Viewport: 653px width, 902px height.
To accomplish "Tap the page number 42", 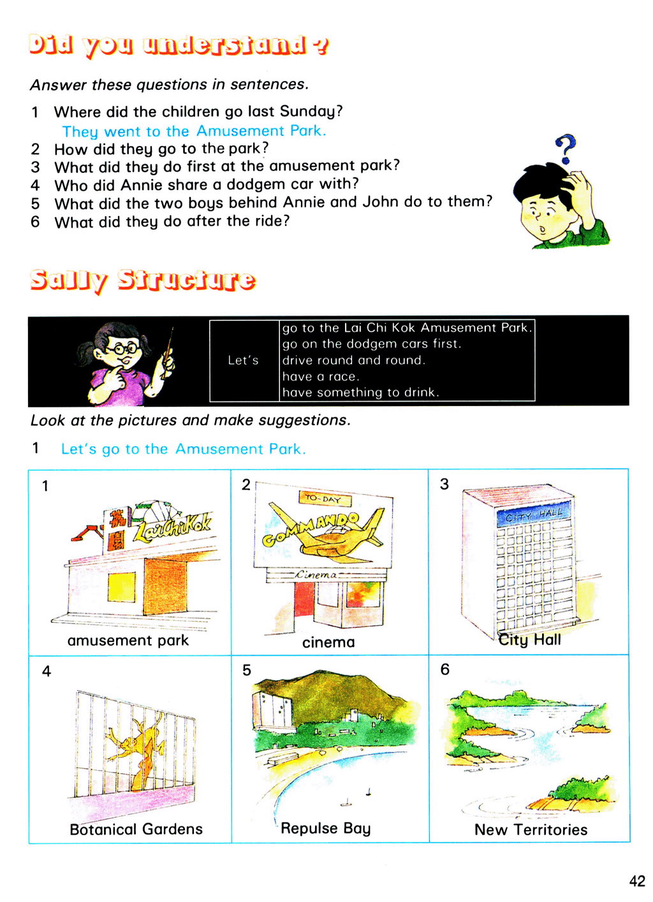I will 636,881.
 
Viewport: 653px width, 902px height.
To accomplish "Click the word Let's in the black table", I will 243,360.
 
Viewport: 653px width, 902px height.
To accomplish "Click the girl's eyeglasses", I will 123,349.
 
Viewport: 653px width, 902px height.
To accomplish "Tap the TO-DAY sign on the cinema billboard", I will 323,498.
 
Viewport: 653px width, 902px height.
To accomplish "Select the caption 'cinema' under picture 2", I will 328,642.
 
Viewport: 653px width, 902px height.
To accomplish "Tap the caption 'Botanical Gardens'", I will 136,829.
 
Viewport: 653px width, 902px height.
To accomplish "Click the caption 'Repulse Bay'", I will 325,828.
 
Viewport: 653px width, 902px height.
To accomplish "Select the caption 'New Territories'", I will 531,829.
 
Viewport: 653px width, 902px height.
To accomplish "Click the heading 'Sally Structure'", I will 143,280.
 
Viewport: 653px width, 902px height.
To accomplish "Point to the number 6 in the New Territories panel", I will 444,669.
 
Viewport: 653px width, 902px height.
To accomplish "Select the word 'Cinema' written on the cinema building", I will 316,574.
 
